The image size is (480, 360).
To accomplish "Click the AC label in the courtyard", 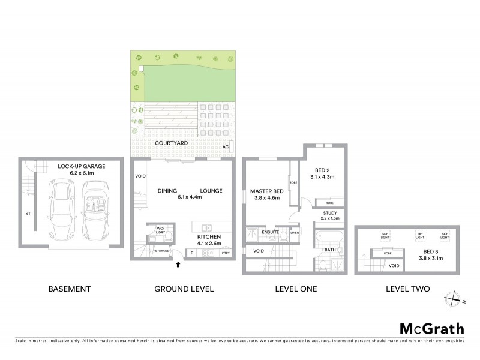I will [x=226, y=146].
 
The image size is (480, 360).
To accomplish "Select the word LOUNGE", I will [x=211, y=191].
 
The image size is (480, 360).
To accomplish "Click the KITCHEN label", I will [x=210, y=238].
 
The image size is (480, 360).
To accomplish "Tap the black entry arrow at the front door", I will [x=178, y=262].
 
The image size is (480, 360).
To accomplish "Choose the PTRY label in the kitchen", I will [x=225, y=253].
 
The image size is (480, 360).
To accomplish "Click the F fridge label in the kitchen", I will [x=191, y=253].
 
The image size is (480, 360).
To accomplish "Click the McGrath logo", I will [x=431, y=328].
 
